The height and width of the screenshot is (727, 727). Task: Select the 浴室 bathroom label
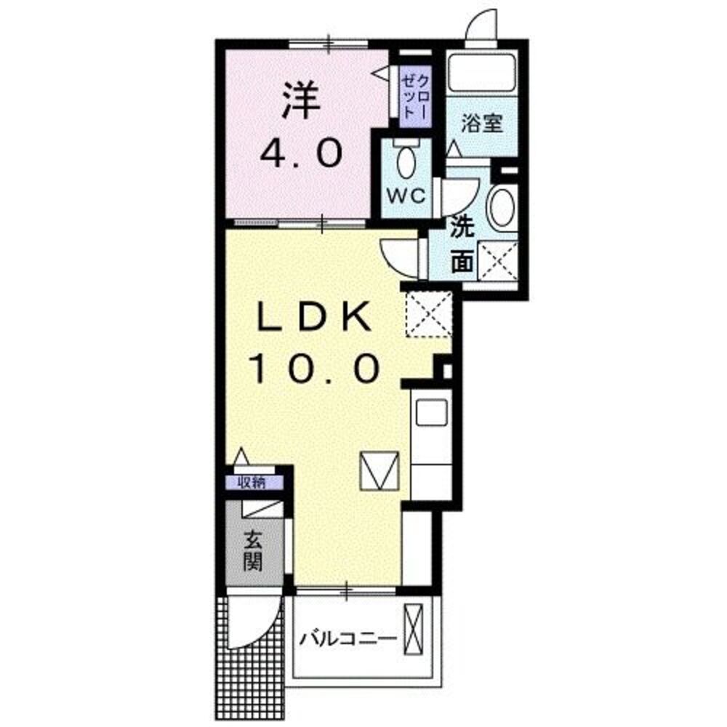481,122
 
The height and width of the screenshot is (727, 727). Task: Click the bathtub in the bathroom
481,73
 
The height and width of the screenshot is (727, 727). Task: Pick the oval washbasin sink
502,207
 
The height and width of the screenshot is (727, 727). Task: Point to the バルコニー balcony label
348,639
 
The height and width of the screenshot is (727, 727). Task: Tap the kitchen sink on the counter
430,415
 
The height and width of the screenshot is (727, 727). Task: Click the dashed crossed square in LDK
429,315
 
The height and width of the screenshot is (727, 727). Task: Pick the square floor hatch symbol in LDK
380,470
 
